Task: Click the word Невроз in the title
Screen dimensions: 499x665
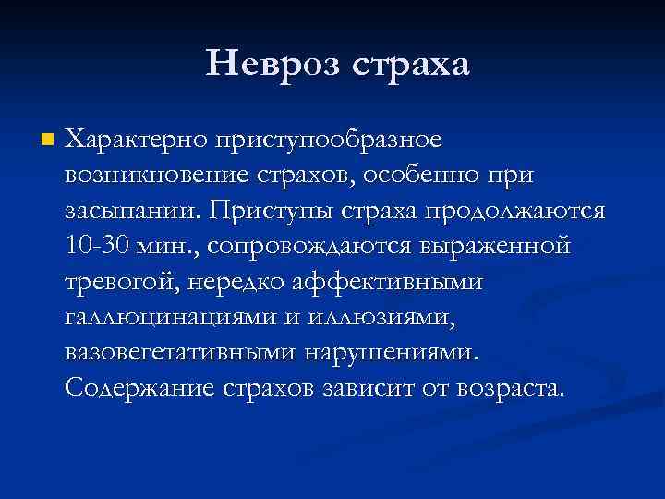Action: pos(269,64)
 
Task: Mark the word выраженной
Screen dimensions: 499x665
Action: pos(497,247)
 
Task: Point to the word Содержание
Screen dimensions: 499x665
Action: pos(139,387)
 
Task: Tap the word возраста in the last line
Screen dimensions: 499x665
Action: pos(498,388)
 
